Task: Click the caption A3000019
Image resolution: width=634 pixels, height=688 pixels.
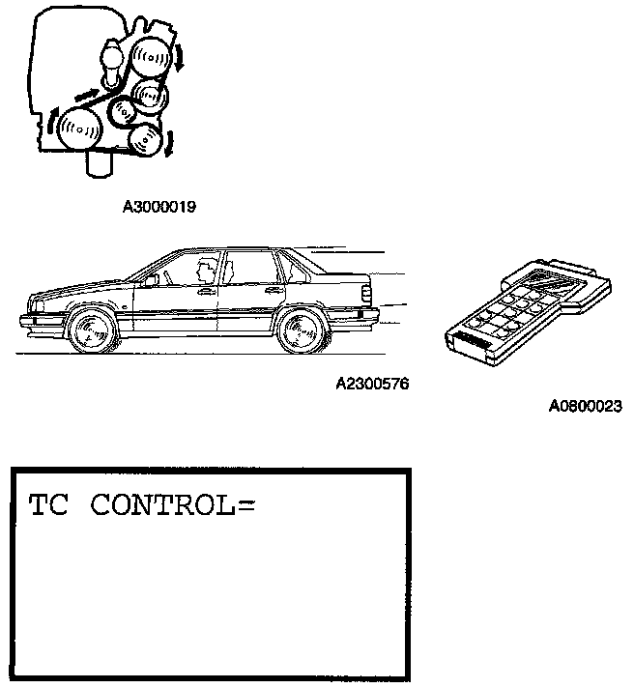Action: click(x=159, y=206)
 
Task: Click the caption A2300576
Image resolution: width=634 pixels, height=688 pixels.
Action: click(x=372, y=384)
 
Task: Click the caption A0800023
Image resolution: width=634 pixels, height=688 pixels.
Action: click(x=585, y=407)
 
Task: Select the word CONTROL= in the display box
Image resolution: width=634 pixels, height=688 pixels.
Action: click(x=172, y=506)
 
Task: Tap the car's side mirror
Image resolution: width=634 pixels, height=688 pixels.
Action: click(x=153, y=279)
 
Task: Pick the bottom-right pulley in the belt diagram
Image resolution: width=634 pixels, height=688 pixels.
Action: click(x=144, y=140)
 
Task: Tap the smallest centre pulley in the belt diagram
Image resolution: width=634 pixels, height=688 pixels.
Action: click(x=122, y=113)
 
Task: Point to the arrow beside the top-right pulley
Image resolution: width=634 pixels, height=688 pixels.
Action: click(x=178, y=63)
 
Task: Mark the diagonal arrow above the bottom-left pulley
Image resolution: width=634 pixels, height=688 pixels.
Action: click(x=86, y=95)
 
